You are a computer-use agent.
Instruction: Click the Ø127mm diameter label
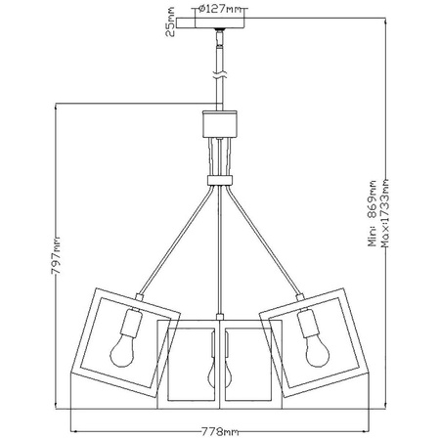220,10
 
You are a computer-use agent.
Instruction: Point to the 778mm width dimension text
219,430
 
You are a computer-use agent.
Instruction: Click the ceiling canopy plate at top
220,31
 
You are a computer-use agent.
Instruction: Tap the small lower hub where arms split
220,178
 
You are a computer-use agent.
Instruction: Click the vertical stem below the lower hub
220,254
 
